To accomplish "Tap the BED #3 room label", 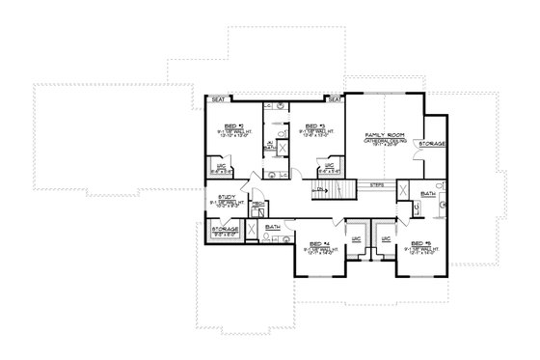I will pos(312,125).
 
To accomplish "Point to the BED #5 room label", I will pos(420,244).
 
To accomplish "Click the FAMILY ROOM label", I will pos(382,135).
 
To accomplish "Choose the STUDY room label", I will pos(227,196).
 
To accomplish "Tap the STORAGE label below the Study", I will pos(226,229).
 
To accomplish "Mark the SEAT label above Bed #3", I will pos(334,98).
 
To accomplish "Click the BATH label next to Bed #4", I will pos(273,227).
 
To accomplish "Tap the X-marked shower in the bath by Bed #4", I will pos(252,231).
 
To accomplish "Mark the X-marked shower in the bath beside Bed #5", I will pos(405,189).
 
